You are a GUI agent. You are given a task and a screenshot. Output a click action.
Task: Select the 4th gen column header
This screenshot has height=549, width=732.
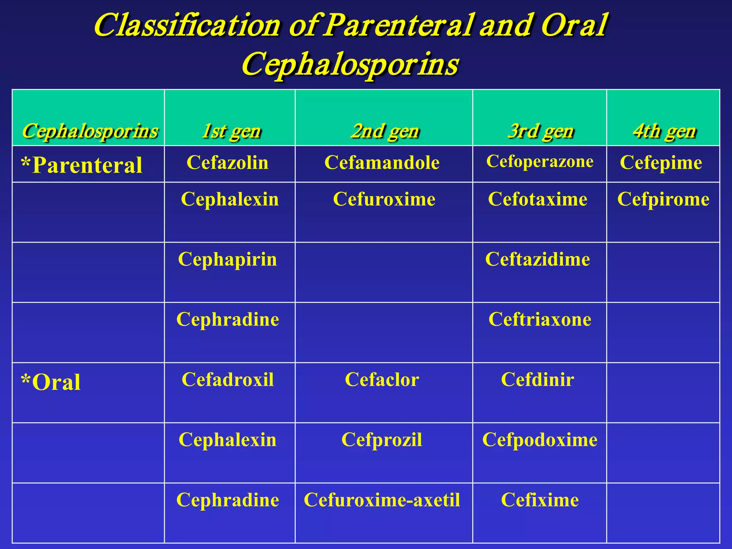(x=664, y=131)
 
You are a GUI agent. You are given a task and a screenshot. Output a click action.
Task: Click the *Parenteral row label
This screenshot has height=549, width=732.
(x=82, y=165)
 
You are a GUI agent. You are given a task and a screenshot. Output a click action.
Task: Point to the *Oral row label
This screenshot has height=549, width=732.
(x=51, y=382)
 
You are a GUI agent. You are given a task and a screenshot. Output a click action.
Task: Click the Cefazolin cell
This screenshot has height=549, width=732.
(x=227, y=163)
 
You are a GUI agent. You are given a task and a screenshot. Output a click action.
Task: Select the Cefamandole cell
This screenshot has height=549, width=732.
(x=382, y=163)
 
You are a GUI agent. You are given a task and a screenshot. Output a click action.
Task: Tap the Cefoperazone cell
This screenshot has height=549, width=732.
(x=540, y=162)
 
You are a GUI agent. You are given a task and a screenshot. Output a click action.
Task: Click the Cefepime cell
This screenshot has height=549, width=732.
(x=661, y=163)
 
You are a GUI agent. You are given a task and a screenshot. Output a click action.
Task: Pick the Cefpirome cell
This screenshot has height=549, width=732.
(x=663, y=199)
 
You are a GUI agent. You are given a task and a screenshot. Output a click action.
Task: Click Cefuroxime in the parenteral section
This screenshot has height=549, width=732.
(x=384, y=199)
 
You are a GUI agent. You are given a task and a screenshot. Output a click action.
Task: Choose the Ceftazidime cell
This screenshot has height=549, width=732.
(x=538, y=259)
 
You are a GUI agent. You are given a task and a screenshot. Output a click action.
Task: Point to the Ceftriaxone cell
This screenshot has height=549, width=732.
(x=540, y=319)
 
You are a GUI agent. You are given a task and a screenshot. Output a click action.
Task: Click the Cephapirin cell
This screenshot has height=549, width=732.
(x=227, y=259)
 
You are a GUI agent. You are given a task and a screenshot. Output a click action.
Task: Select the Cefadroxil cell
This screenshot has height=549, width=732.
(x=228, y=379)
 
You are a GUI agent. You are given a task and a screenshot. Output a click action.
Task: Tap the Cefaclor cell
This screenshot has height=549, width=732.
(x=382, y=379)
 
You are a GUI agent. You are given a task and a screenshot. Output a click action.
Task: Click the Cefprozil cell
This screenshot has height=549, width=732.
(x=382, y=440)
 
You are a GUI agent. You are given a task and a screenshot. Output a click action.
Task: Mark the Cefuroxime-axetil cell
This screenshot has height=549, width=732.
(x=382, y=500)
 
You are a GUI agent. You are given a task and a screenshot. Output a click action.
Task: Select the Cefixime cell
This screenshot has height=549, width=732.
(x=540, y=500)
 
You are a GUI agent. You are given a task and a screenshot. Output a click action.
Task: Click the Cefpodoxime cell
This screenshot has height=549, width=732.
(x=540, y=440)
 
